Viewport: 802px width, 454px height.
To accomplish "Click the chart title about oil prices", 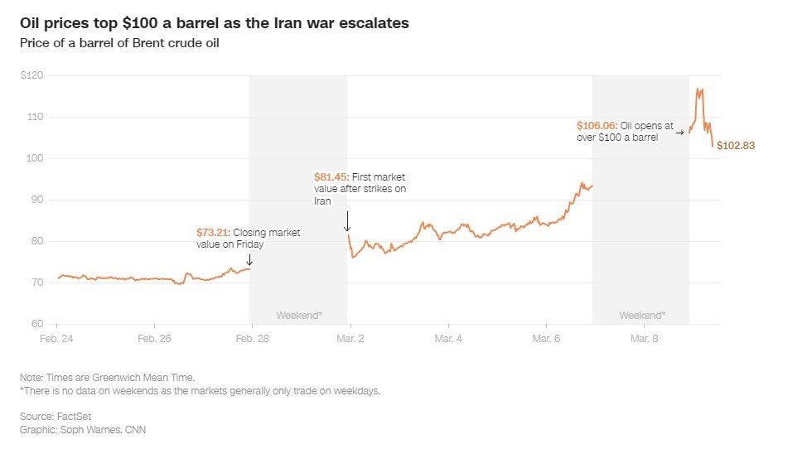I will point(215,23).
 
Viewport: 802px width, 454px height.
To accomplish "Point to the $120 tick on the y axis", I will point(33,75).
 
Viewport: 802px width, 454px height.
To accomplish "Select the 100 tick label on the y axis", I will point(36,158).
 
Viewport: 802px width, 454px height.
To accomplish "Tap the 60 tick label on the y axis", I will point(38,324).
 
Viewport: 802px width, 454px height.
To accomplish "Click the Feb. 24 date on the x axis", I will point(57,339).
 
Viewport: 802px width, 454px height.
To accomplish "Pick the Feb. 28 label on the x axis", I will point(252,339).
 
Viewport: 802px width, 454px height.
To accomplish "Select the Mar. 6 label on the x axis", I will point(546,339).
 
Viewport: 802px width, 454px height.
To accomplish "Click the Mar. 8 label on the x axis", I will point(644,339).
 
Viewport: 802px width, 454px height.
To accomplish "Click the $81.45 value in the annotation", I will point(331,177).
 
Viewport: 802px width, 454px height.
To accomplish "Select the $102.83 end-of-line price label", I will point(736,146).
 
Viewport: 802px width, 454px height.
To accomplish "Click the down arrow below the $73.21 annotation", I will point(249,260).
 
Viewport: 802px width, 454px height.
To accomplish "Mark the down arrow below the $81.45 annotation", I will point(347,221).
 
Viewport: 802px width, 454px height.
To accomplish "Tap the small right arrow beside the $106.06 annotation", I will point(680,132).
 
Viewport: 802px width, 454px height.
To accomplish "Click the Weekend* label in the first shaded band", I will point(298,316).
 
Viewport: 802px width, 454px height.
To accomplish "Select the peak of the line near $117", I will point(699,89).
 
